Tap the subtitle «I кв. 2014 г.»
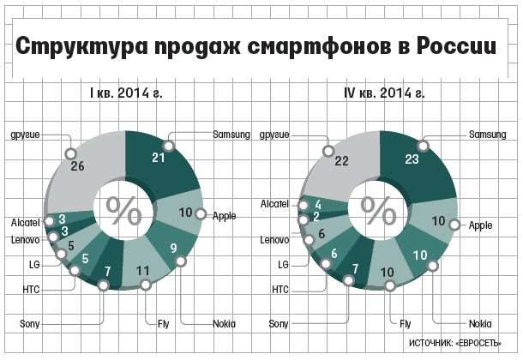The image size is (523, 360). click(x=126, y=93)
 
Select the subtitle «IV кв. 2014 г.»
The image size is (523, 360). click(x=384, y=93)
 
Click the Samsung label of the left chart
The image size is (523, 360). click(x=231, y=135)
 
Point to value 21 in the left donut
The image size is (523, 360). click(x=159, y=158)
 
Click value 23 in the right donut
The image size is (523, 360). click(x=412, y=159)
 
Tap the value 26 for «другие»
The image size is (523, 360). click(x=77, y=166)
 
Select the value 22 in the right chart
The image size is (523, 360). click(x=341, y=161)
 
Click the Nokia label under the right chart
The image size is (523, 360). click(x=480, y=324)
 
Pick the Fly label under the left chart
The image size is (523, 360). click(x=164, y=324)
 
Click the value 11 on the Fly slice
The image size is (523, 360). click(x=143, y=271)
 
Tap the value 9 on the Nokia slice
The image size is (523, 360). click(x=173, y=248)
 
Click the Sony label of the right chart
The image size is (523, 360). click(x=279, y=324)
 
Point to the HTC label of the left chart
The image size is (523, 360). click(x=31, y=290)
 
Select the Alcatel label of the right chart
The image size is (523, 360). click(x=274, y=204)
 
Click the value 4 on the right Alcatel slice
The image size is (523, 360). click(x=318, y=204)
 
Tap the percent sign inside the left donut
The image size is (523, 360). click(x=123, y=210)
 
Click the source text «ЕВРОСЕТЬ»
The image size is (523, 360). click(x=478, y=344)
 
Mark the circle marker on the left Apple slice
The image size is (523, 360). click(x=201, y=214)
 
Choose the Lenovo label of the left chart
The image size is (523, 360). click(x=26, y=240)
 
